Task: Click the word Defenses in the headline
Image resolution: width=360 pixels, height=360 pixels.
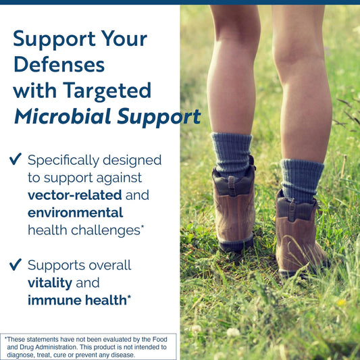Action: point(59,64)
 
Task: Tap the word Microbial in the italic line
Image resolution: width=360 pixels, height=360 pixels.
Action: point(63,116)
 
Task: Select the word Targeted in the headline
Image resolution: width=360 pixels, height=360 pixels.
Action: point(107,91)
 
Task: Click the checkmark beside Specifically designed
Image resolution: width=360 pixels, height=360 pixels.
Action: point(16,159)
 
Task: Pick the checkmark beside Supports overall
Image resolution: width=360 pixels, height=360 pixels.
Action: point(16,265)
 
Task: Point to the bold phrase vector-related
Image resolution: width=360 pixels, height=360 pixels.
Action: point(74,195)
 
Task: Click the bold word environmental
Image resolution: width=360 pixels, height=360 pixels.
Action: point(75,213)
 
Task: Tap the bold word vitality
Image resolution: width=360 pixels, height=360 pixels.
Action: point(50,283)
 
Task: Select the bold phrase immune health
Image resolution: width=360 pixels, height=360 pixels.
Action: point(77,300)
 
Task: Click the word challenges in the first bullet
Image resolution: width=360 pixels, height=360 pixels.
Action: point(105,230)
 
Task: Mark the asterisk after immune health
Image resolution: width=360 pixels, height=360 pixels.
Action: point(129,297)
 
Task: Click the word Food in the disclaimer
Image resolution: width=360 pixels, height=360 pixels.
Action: point(160,339)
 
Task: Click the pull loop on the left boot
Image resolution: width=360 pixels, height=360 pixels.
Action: point(232,186)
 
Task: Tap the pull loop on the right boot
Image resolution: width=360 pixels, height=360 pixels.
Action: point(292,209)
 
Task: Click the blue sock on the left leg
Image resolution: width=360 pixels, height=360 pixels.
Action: point(232,154)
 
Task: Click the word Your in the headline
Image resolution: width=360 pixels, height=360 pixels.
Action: point(124,38)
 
